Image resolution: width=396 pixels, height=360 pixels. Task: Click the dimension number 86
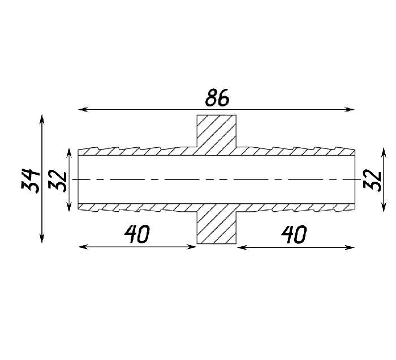coord(217,97)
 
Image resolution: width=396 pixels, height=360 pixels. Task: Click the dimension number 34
coord(31,181)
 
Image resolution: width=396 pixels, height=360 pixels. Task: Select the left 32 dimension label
coord(57,181)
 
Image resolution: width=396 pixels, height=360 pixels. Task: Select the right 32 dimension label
coord(372,181)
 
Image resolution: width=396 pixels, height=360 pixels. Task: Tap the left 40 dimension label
coord(137,234)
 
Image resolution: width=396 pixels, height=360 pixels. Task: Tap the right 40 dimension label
coord(294,234)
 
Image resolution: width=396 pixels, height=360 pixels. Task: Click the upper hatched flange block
coord(217,135)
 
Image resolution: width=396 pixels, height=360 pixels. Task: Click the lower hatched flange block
coord(217,224)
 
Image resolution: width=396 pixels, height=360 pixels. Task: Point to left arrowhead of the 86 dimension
coord(83,109)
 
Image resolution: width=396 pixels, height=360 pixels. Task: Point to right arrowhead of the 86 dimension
coord(350,109)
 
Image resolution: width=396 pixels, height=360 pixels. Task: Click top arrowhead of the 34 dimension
coord(42,120)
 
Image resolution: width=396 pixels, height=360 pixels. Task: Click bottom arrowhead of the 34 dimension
coord(42,238)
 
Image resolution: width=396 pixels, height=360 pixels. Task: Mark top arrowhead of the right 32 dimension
coord(384,153)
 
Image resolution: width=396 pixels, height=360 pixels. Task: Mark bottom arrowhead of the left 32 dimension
coord(69,206)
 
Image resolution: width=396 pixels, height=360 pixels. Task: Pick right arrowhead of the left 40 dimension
coord(191,247)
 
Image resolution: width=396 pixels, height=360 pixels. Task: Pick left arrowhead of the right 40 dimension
coord(242,247)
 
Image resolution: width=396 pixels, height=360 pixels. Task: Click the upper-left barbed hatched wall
coord(137,151)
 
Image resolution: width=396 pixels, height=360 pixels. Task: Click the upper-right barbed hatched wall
coord(296,151)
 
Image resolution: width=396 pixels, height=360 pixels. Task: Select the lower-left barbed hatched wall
coord(137,207)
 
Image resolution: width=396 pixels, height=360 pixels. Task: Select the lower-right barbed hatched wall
coord(296,207)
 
